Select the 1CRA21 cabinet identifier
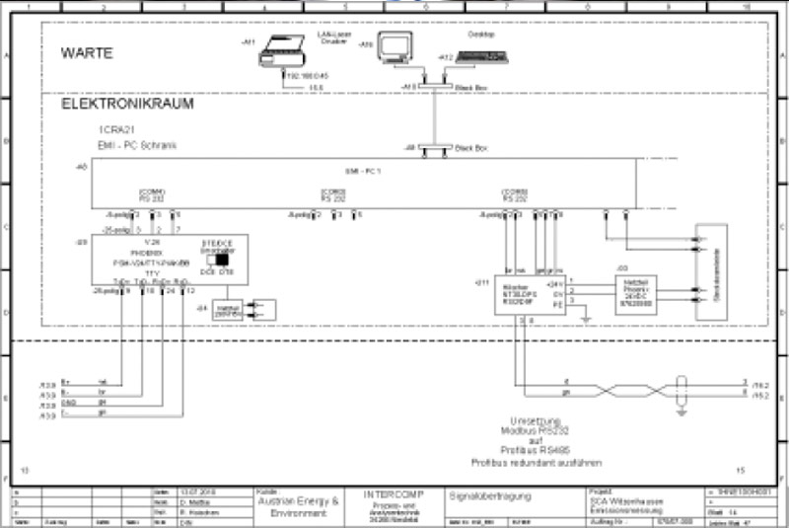point(115,131)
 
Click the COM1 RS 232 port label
point(152,194)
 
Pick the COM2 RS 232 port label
point(333,194)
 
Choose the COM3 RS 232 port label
point(515,194)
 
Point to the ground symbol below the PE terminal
point(586,318)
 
